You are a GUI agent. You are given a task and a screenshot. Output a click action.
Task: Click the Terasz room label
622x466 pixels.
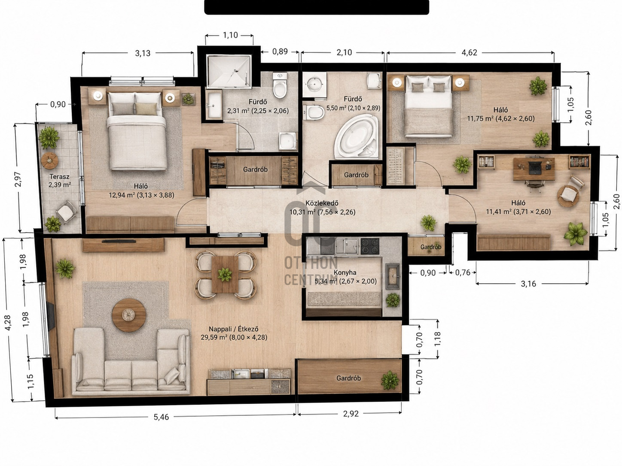(x=60, y=177)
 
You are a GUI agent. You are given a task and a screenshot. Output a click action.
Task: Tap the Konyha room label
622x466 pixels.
(x=345, y=272)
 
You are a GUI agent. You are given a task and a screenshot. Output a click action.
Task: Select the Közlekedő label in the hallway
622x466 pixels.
(x=322, y=203)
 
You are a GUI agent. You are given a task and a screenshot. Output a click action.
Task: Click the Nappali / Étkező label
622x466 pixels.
(x=234, y=329)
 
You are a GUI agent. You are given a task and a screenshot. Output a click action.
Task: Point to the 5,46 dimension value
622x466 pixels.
(x=161, y=417)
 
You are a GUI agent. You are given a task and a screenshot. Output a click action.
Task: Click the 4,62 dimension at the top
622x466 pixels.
(x=469, y=53)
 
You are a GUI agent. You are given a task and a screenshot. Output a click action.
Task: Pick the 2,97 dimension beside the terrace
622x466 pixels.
(x=18, y=179)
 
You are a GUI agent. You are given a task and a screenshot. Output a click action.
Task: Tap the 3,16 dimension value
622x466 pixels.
(x=528, y=284)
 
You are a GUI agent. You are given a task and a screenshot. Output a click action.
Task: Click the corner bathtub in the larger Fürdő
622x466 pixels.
(x=356, y=136)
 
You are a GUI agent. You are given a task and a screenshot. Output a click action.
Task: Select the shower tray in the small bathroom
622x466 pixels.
(x=229, y=71)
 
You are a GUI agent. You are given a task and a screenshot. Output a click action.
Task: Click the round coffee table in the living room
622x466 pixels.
(x=129, y=315)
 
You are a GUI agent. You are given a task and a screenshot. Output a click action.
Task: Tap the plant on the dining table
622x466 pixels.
(x=225, y=275)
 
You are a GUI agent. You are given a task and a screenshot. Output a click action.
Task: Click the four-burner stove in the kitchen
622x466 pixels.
(x=370, y=246)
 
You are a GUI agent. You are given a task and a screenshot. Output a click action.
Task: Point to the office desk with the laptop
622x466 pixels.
(x=534, y=169)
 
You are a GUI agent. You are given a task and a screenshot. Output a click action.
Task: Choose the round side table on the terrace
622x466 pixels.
(x=49, y=161)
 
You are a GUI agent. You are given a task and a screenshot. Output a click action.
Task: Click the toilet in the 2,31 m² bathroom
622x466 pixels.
(x=280, y=86)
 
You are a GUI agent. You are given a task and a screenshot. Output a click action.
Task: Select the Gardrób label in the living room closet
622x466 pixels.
(x=348, y=378)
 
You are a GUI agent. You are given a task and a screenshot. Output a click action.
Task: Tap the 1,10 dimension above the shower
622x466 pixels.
(x=230, y=35)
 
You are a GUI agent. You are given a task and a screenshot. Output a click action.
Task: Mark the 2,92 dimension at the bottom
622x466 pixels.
(x=351, y=414)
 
